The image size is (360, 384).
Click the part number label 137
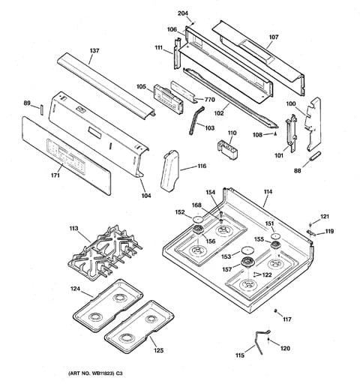[94, 51]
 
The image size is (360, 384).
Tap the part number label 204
[184, 13]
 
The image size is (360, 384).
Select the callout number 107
[273, 37]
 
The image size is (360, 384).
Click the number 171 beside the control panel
[34, 175]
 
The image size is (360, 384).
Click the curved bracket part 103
[198, 118]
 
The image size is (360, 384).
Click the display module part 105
[166, 97]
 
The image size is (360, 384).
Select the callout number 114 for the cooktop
[268, 193]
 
